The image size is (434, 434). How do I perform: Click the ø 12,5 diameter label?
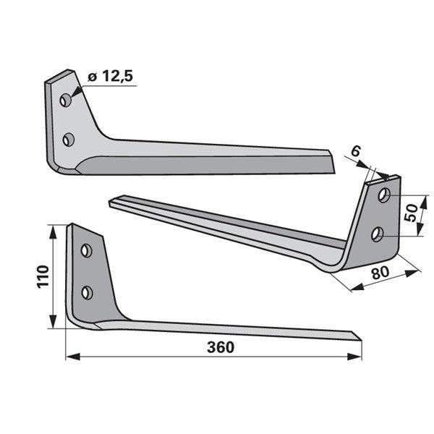click(111, 76)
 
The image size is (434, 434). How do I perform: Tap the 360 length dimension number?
click(221, 347)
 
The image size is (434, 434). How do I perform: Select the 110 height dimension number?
click(43, 277)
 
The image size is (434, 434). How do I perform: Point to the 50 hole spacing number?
click(410, 213)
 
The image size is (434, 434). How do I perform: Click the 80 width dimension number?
click(380, 273)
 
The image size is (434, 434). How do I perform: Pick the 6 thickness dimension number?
click(356, 152)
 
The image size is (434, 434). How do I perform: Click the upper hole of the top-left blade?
click(66, 101)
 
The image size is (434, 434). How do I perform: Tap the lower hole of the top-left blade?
click(69, 140)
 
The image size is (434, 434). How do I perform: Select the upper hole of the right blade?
click(384, 195)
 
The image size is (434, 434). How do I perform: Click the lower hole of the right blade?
click(378, 234)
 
